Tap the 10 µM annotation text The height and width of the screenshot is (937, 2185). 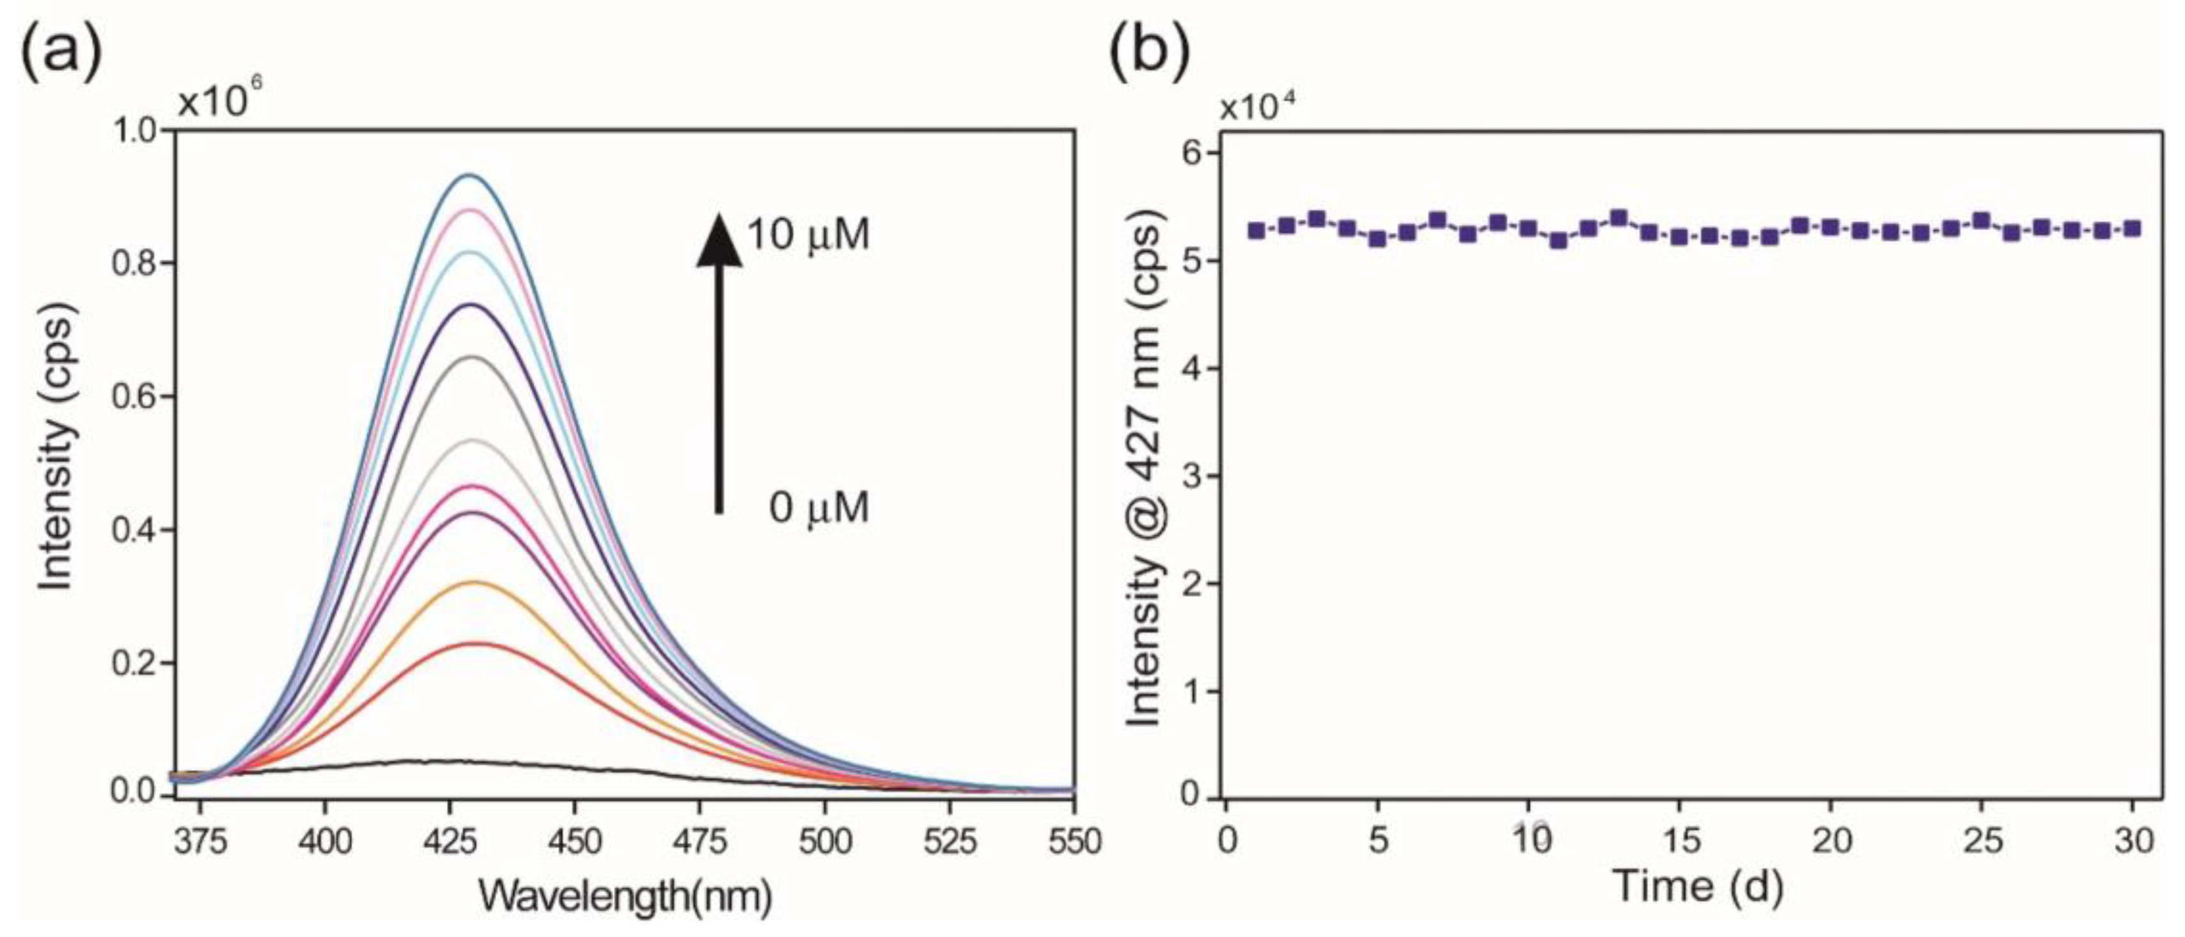(808, 234)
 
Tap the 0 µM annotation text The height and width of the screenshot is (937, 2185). (818, 509)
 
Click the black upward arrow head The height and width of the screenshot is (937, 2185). (719, 242)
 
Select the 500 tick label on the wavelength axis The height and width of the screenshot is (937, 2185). (826, 841)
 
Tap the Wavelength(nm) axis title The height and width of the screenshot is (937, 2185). (625, 895)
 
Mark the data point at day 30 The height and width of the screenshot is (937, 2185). (2131, 228)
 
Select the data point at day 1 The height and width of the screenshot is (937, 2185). (1257, 230)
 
